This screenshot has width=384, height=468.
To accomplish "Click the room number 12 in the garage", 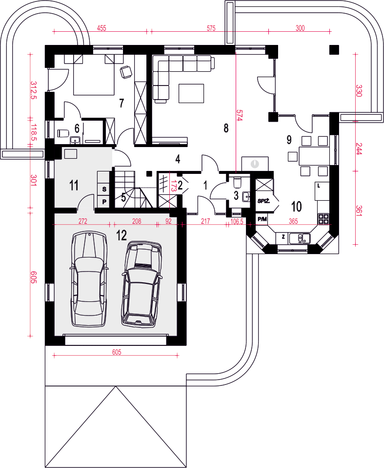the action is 121,235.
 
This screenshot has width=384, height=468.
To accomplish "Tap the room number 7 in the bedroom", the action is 121,103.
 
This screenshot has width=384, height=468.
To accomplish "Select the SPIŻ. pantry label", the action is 263,201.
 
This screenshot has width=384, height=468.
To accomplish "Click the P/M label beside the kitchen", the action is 262,219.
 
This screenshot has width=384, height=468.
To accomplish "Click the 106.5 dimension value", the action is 237,221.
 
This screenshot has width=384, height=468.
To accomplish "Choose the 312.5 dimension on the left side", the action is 33,90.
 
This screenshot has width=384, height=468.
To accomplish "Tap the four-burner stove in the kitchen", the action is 323,219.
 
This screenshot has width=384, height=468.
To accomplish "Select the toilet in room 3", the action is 237,181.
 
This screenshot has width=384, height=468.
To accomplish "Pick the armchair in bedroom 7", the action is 126,72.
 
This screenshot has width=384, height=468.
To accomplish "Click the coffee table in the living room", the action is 191,93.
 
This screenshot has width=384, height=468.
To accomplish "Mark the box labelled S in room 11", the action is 104,189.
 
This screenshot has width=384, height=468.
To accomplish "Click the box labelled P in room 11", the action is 104,201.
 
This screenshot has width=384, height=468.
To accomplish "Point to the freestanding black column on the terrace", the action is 334,49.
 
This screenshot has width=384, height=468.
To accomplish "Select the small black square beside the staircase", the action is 149,173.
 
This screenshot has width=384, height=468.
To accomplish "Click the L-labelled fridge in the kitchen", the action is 322,191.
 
